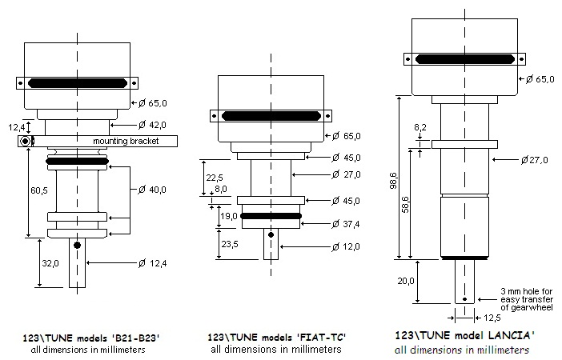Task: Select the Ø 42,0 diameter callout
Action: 152,125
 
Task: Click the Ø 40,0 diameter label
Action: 152,190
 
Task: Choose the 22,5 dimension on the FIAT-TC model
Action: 210,177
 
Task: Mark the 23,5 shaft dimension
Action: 230,245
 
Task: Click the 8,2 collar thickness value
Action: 419,126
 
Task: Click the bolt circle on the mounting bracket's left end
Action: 26,142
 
